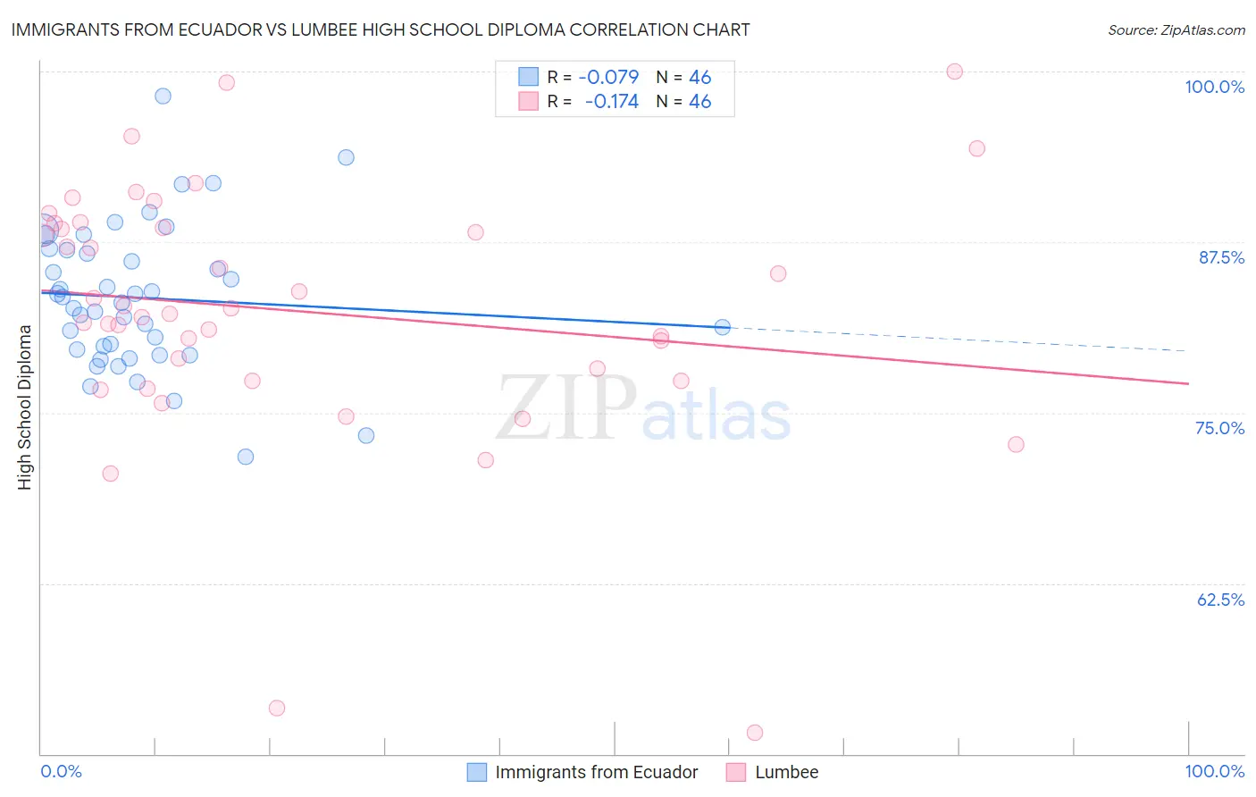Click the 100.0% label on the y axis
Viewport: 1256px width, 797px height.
pos(1214,87)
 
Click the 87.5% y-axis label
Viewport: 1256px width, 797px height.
pos(1221,257)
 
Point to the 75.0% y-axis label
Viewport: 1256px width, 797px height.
pos(1219,428)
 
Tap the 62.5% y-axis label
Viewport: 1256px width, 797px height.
pos(1220,600)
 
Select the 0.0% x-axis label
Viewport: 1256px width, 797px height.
pos(61,772)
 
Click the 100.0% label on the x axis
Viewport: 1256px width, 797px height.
pos(1214,772)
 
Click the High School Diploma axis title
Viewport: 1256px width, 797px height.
pos(25,407)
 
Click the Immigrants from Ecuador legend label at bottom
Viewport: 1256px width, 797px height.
pos(597,773)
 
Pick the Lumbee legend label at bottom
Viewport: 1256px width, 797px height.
pos(786,773)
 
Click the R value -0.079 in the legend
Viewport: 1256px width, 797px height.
pos(608,78)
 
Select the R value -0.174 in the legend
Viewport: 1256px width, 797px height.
pos(611,102)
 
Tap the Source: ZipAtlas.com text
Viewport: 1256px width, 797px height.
pos(1176,30)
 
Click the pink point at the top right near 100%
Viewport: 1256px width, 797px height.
pos(954,71)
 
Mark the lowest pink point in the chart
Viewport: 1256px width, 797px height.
pos(754,733)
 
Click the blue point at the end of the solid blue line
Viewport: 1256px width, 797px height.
pos(722,327)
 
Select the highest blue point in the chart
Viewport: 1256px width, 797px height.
pos(163,96)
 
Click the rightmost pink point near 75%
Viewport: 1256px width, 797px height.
pos(1016,444)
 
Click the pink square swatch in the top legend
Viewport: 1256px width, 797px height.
pos(529,102)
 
